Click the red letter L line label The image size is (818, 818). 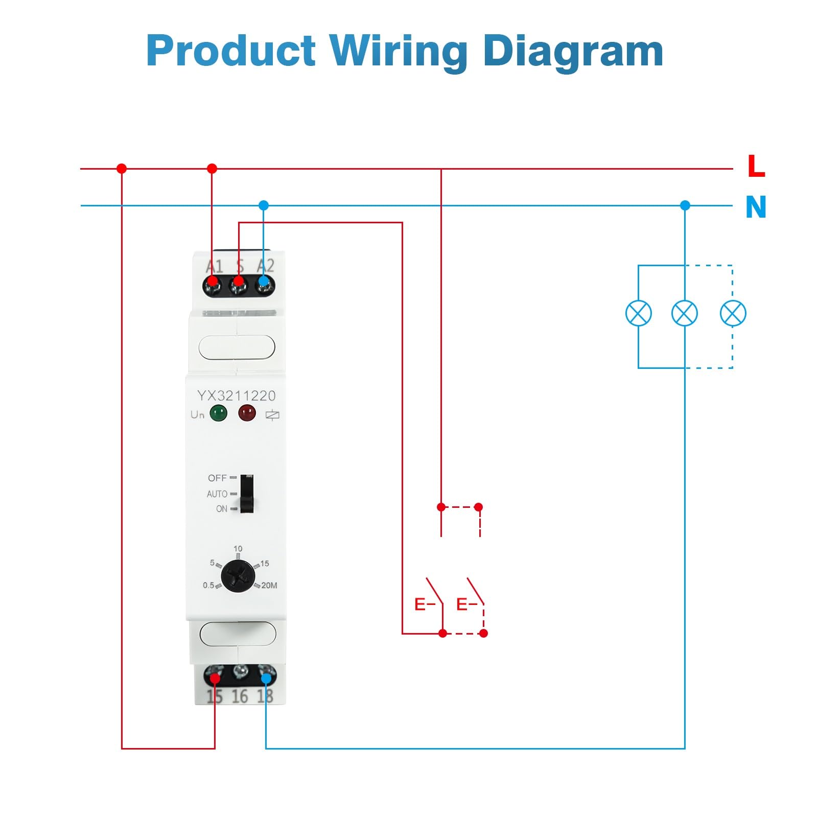tap(756, 167)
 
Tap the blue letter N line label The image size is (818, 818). tap(756, 207)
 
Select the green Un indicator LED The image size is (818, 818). tap(218, 413)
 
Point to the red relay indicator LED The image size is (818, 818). tap(247, 413)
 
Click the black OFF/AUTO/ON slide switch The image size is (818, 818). tap(247, 494)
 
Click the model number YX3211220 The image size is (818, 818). tap(236, 395)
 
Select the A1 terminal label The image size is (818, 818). tap(215, 266)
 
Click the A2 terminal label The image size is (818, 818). tap(265, 266)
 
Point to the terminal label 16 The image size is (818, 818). tap(240, 696)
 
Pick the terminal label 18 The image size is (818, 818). tap(265, 696)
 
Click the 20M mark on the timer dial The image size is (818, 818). tap(269, 586)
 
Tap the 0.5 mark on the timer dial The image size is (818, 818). tap(208, 586)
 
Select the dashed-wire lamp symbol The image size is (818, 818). tap(733, 313)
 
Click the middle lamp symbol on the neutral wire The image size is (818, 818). tap(685, 313)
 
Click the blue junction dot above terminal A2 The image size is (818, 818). tap(264, 205)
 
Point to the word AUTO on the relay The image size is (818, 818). tap(217, 494)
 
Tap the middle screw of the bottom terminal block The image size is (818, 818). tap(240, 671)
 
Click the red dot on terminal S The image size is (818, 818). tap(238, 282)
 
